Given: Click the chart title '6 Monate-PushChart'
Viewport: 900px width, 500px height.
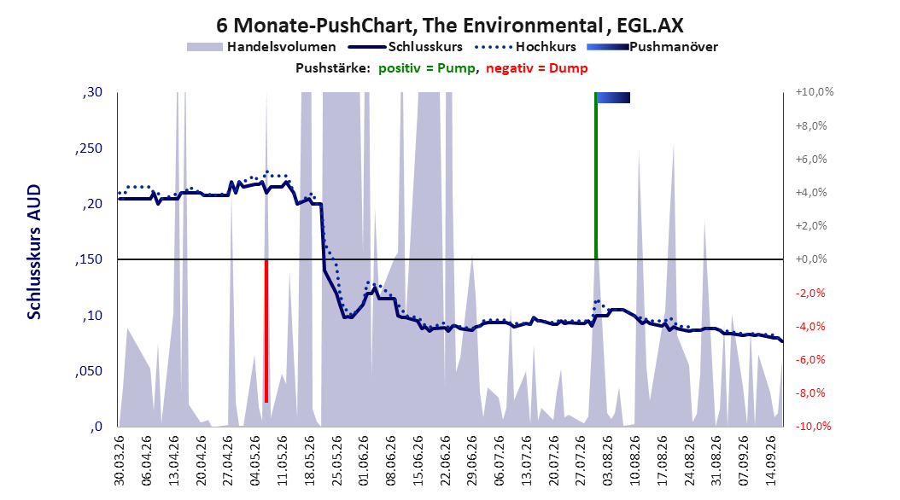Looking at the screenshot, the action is click(x=316, y=26).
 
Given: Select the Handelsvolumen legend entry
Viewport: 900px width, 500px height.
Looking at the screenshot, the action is click(x=261, y=47).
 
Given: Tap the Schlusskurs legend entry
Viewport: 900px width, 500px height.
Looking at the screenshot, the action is click(x=406, y=47).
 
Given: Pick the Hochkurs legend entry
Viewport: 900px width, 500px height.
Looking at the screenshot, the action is click(x=524, y=47).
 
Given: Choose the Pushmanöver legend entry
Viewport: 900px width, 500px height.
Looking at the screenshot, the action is click(x=652, y=47).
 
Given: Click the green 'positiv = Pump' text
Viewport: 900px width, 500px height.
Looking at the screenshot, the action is click(x=427, y=68).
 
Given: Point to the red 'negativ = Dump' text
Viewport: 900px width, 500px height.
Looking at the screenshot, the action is click(x=537, y=68).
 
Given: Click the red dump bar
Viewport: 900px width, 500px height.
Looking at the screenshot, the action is click(x=266, y=331).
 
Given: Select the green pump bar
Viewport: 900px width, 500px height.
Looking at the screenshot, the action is click(x=596, y=176).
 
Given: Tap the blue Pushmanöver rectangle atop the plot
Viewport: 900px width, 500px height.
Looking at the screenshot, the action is click(x=614, y=97).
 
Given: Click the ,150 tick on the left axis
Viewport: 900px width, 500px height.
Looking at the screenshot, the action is click(x=89, y=259).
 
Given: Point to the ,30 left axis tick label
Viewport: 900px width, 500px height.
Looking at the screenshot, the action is click(x=92, y=92).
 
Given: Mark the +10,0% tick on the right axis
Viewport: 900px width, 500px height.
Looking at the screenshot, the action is click(x=815, y=92).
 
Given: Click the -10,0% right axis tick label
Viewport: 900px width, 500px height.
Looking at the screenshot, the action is click(x=813, y=427).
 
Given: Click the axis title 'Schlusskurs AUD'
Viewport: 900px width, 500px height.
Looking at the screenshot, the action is click(x=34, y=252).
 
